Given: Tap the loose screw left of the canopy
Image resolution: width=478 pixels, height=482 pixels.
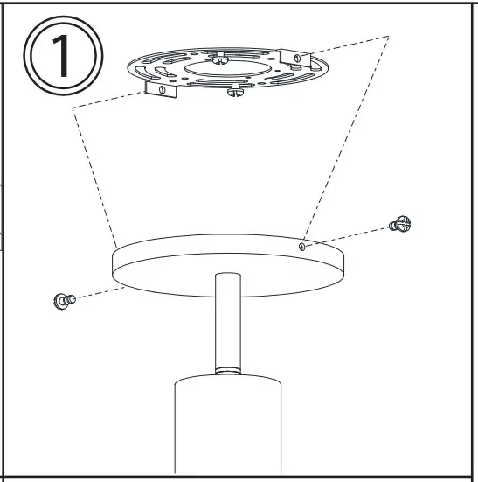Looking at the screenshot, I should pyautogui.click(x=64, y=300).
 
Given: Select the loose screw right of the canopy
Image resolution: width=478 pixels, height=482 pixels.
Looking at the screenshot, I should pyautogui.click(x=400, y=225).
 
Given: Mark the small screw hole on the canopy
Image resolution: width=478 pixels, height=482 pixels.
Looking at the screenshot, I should pyautogui.click(x=301, y=247).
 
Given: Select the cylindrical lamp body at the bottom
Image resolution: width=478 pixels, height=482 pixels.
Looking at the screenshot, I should pyautogui.click(x=227, y=429).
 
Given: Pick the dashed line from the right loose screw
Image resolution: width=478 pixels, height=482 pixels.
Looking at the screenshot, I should pyautogui.click(x=350, y=235).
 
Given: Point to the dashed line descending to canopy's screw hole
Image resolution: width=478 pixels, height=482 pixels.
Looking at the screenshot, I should pyautogui.click(x=345, y=140).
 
